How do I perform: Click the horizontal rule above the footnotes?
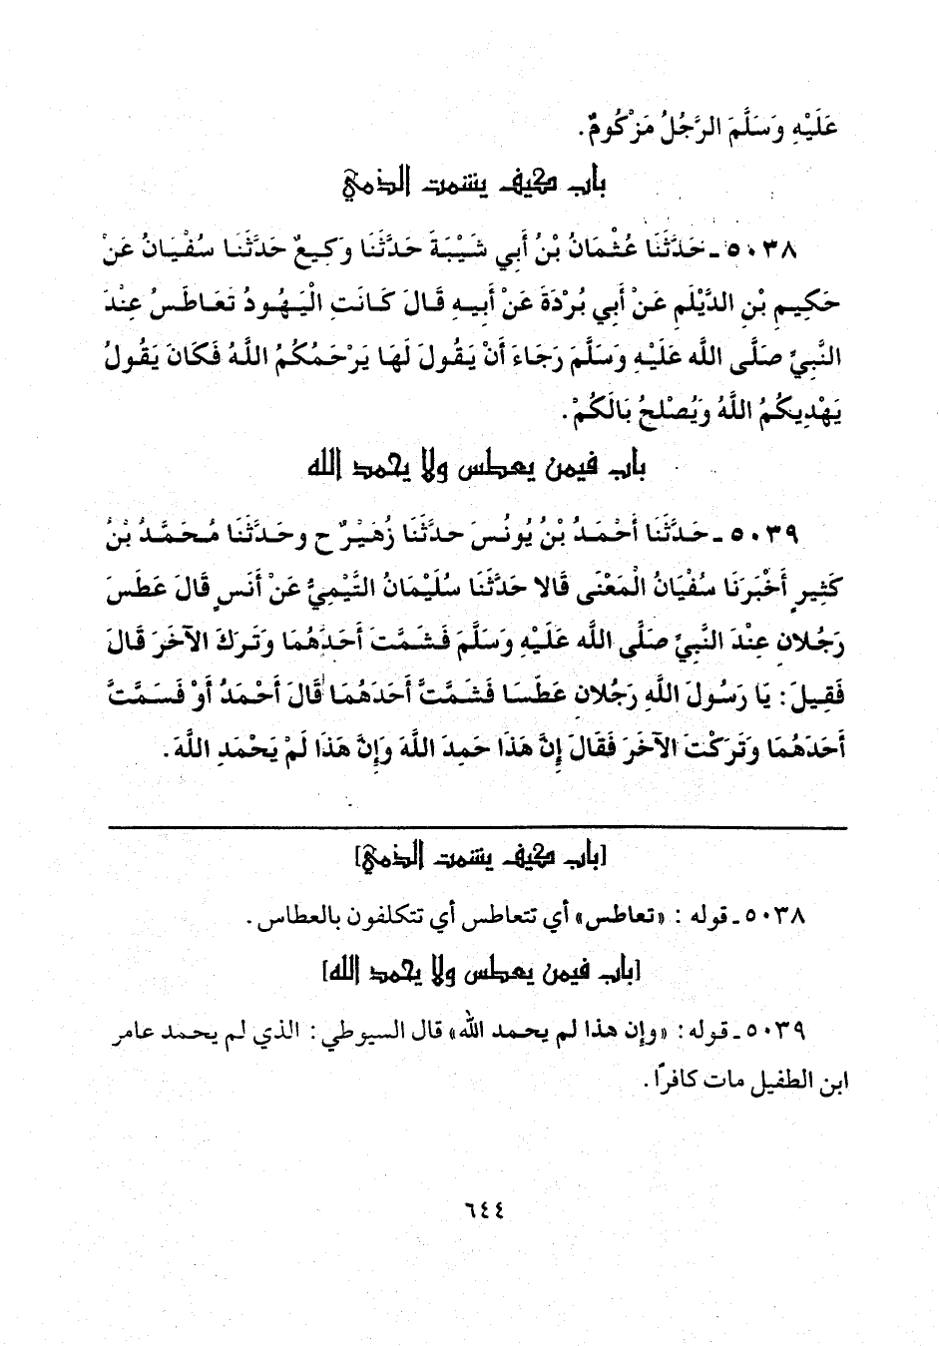pyautogui.click(x=477, y=827)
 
